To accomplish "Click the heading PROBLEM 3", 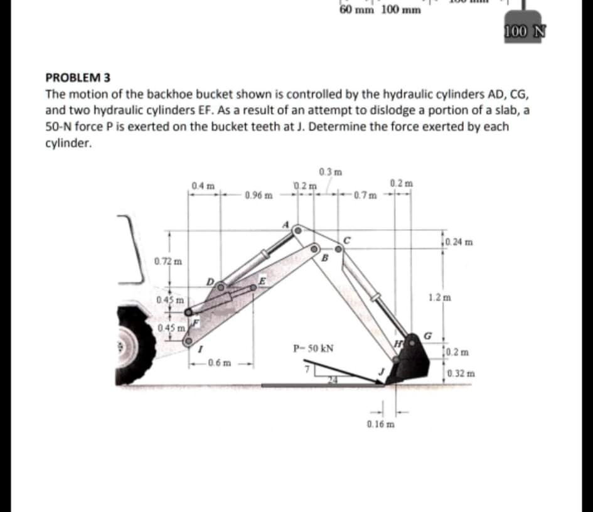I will click(x=78, y=78).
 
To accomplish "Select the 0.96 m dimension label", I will click(x=259, y=195).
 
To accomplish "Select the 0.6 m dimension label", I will click(x=219, y=362).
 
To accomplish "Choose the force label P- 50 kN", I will click(x=313, y=348).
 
